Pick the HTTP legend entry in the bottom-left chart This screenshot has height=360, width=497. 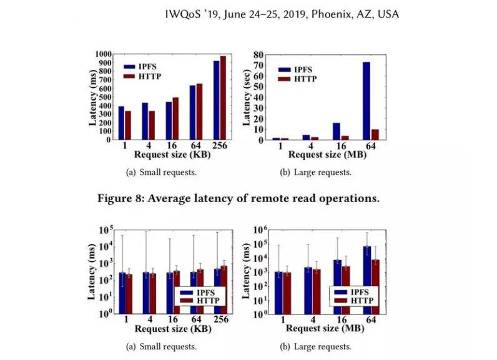click(198, 301)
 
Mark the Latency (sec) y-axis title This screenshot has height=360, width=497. click(248, 97)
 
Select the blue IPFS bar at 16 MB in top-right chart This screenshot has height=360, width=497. click(337, 131)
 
